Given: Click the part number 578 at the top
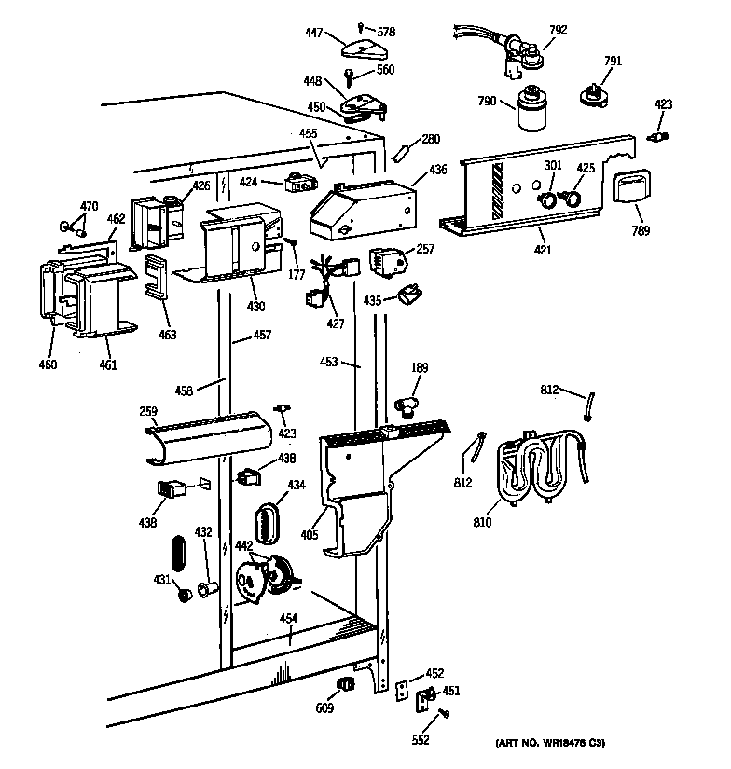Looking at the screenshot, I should tap(386, 32).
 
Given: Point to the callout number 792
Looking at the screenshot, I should tap(558, 30).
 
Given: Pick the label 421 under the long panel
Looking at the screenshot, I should tap(543, 250).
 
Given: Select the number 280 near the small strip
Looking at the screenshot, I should tap(430, 140).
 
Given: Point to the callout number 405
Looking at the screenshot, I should tap(309, 535).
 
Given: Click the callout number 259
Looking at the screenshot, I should tap(148, 411).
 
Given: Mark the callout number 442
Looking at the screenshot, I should tap(242, 545).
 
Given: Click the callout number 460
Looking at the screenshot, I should tap(48, 364).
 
